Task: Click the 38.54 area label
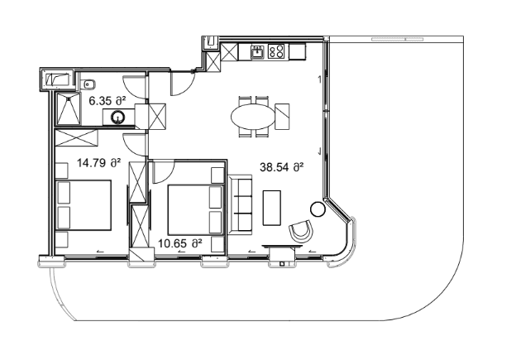(282, 166)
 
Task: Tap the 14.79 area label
(100, 163)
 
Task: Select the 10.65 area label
(179, 243)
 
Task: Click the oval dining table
(254, 115)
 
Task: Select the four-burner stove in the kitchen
(276, 52)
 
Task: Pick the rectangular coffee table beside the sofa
(271, 209)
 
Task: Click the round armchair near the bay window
(303, 232)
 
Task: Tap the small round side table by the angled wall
(318, 209)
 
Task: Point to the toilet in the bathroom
(89, 83)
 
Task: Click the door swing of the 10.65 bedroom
(163, 173)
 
